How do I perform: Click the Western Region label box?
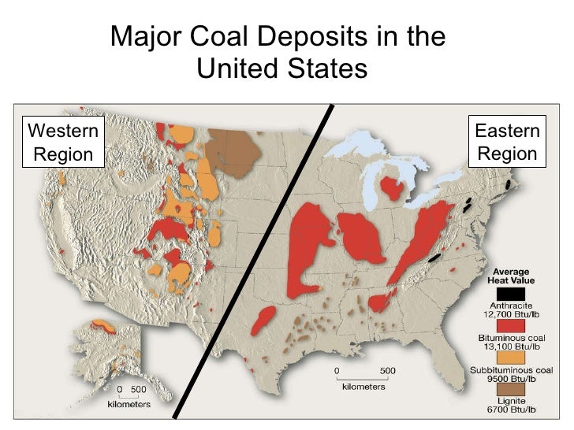[63, 143]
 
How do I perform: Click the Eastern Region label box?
[507, 143]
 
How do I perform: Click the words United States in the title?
[281, 69]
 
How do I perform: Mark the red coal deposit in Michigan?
[389, 188]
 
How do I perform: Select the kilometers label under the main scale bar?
[363, 387]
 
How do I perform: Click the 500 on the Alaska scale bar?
[139, 389]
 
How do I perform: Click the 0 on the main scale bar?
[337, 369]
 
